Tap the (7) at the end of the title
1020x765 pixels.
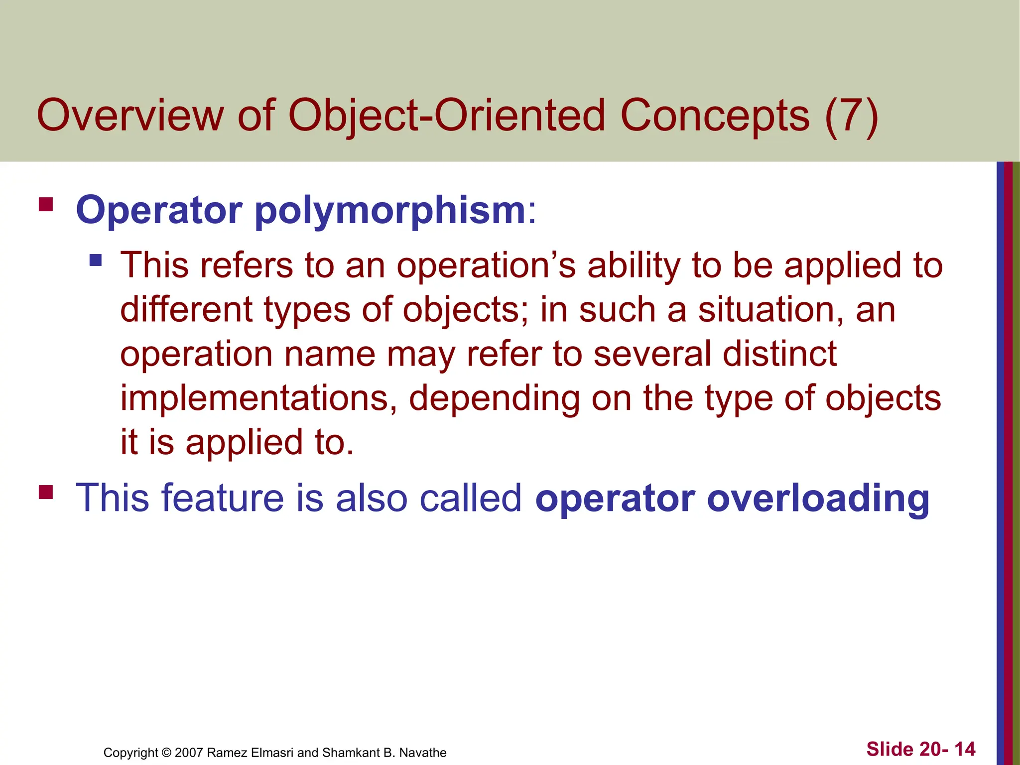(x=851, y=116)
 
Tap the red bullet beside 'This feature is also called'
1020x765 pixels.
(x=46, y=492)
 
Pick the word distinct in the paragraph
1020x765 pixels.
(x=779, y=354)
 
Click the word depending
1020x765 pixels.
(x=495, y=398)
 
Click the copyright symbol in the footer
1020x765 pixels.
(x=166, y=752)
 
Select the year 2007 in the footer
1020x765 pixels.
(x=189, y=752)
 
